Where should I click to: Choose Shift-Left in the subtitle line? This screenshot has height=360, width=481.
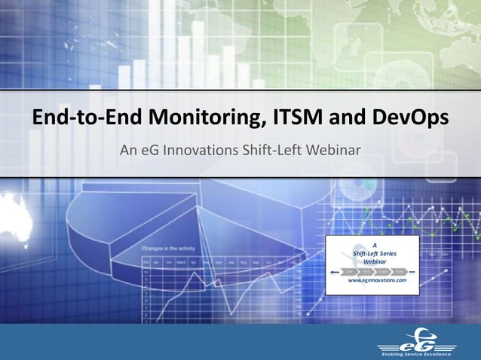tap(269, 151)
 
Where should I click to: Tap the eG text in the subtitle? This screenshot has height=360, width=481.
tap(149, 151)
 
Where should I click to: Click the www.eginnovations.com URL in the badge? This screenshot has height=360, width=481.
tap(376, 280)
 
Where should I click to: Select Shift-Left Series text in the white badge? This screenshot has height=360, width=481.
tap(375, 252)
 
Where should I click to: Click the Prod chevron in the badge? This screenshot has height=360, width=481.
tap(399, 270)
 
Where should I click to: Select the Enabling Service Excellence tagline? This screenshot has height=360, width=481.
tap(415, 353)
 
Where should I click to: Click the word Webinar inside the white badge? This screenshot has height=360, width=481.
tap(375, 261)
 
